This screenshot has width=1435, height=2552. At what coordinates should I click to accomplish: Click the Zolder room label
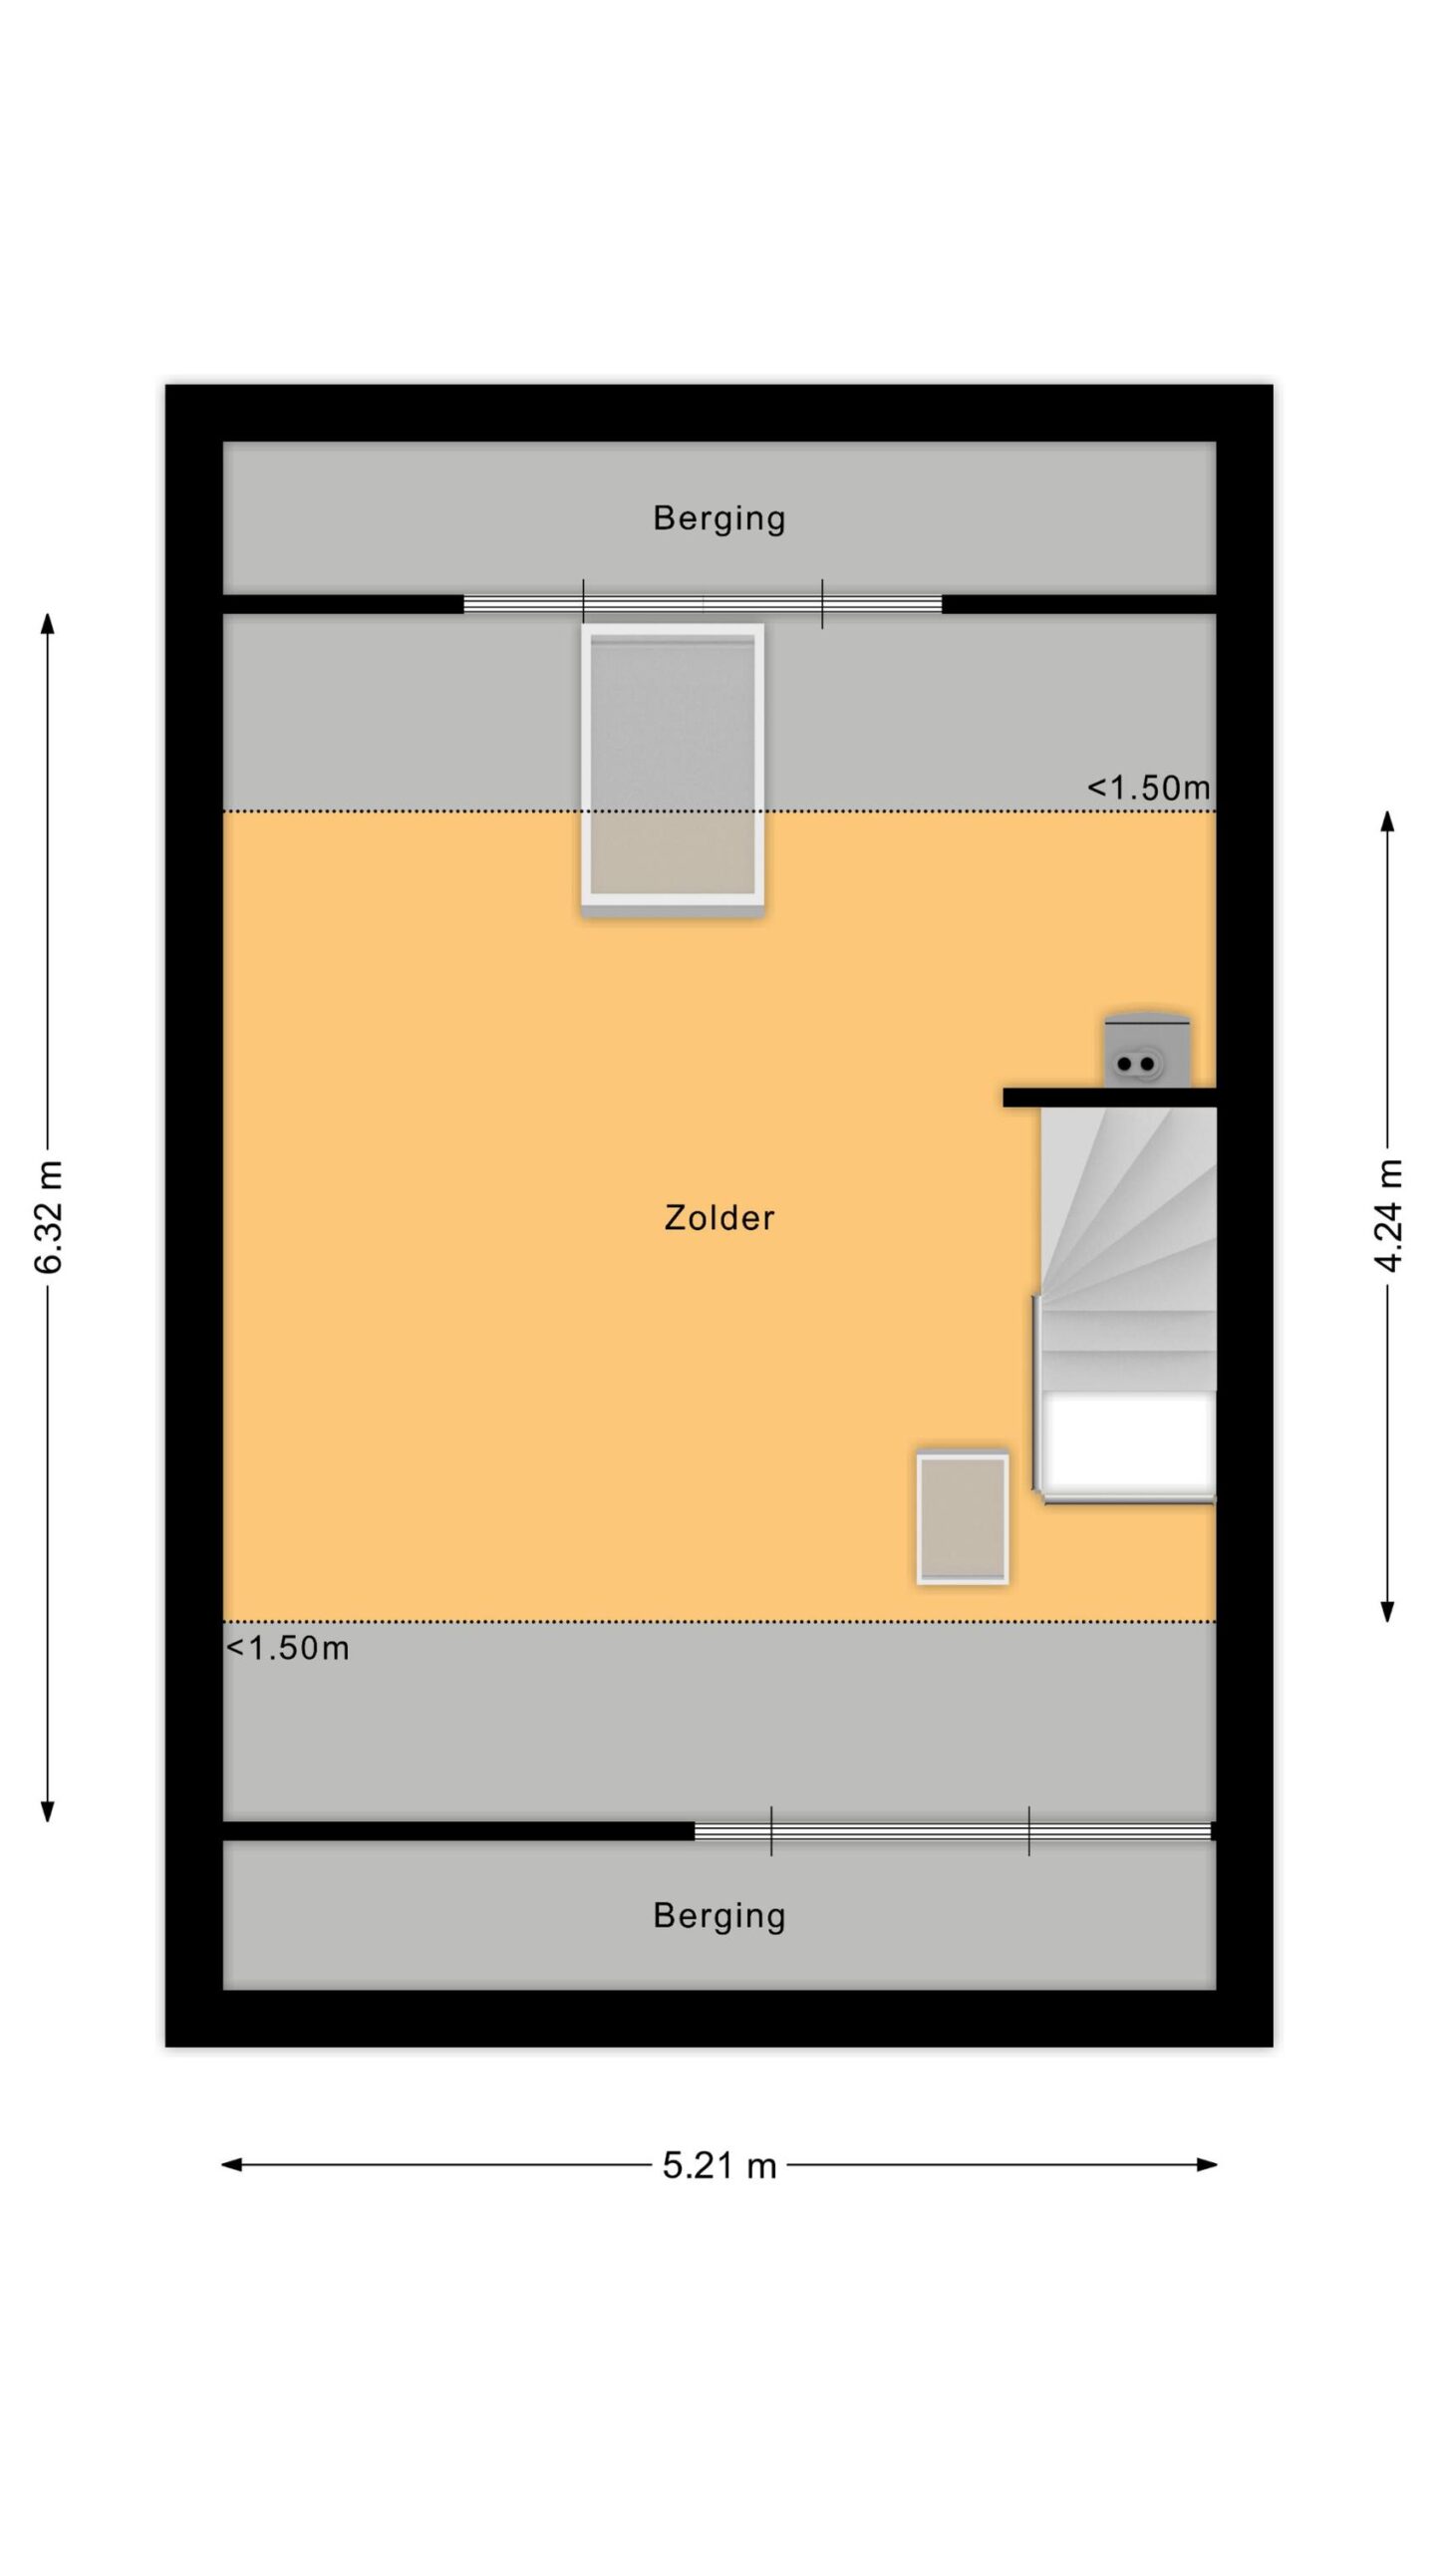point(718,1217)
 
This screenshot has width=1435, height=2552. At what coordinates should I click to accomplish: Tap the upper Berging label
point(718,518)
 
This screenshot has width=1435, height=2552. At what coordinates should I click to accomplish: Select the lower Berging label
point(718,1916)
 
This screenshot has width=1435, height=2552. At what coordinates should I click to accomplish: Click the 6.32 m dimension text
point(48,1216)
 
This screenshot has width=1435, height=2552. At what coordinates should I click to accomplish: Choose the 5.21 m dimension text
point(718,2165)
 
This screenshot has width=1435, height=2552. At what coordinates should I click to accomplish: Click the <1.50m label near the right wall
point(1148,788)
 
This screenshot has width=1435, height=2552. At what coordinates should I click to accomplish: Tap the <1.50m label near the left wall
point(288,1648)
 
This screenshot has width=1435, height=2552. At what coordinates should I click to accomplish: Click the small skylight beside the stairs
point(963,1518)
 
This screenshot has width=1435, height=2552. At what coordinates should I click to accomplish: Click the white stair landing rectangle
point(1128,1441)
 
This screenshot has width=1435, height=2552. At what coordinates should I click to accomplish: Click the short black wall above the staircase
point(1109,1098)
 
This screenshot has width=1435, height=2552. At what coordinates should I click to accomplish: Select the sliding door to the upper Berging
point(703,604)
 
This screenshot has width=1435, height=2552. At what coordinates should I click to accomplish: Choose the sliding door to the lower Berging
point(953,1831)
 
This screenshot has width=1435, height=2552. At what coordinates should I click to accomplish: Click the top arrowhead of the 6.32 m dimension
point(47,623)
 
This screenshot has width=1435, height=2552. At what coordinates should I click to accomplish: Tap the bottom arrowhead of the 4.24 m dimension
point(1387,1611)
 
